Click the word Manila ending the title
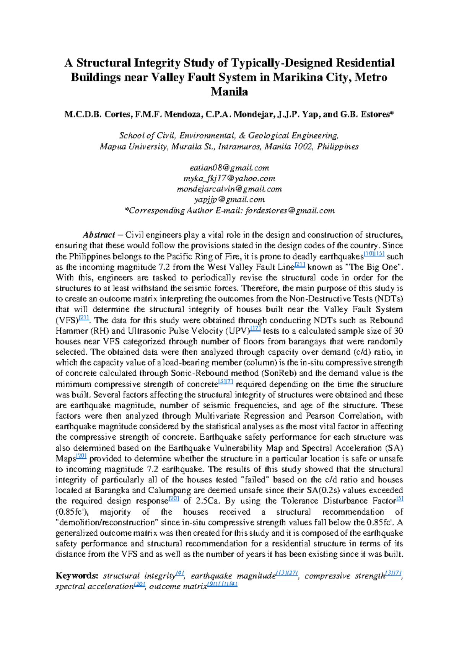(229, 92)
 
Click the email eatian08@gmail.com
(229, 168)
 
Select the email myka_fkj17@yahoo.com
(229, 178)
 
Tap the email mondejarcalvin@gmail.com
(229, 189)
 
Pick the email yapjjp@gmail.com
(229, 199)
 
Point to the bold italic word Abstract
(99, 235)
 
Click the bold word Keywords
(77, 576)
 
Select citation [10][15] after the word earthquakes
(374, 254)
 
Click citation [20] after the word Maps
(82, 456)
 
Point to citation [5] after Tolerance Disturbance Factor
(400, 499)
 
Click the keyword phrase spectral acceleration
(94, 586)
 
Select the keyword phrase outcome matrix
(178, 586)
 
